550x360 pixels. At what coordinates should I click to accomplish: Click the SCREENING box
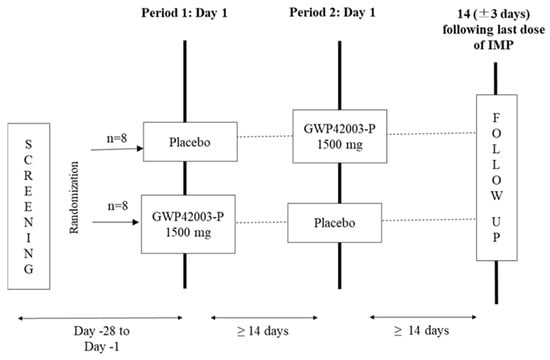click(29, 206)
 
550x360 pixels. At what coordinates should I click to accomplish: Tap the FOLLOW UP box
click(496, 178)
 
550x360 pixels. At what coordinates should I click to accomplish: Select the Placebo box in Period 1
click(190, 142)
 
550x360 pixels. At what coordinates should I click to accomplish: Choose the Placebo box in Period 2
click(335, 223)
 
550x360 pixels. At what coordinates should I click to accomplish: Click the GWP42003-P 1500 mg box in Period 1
click(188, 224)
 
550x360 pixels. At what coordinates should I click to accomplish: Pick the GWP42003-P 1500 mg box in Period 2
click(340, 136)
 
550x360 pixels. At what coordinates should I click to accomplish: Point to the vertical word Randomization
click(74, 198)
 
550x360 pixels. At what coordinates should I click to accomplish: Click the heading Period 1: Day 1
click(184, 13)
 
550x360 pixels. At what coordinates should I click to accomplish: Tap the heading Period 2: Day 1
click(332, 13)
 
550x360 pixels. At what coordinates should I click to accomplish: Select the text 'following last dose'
click(494, 29)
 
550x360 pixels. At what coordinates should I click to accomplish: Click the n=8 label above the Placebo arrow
click(117, 138)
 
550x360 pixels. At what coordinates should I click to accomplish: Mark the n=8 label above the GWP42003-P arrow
click(118, 206)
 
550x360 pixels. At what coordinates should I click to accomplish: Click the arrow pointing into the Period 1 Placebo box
click(117, 149)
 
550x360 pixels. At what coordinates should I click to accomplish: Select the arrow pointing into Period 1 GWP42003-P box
click(115, 222)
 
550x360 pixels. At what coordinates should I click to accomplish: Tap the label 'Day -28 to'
click(102, 331)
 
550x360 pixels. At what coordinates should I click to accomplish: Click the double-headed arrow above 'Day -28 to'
click(100, 318)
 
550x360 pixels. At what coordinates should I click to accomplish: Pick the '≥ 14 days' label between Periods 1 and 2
click(263, 331)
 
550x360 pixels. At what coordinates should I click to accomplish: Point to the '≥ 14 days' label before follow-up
click(421, 331)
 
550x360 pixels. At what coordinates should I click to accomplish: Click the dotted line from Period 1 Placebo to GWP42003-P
click(265, 136)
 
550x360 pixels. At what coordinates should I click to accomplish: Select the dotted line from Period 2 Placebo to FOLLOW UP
click(429, 220)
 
